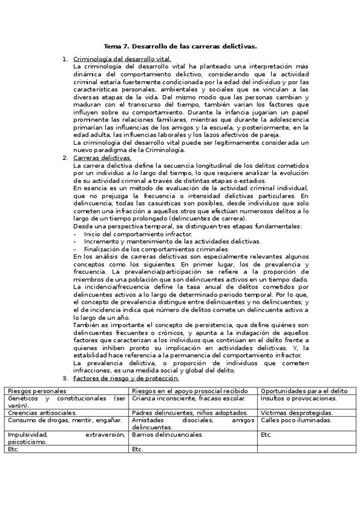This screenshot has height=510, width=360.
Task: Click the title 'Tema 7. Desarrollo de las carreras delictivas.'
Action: click(x=180, y=46)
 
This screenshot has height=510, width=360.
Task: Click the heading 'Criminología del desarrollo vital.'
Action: click(x=122, y=59)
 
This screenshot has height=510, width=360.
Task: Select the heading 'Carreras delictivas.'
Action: click(x=102, y=158)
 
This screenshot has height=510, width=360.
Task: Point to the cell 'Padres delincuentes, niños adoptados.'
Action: click(x=189, y=413)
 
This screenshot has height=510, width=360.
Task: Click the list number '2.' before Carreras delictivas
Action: click(x=66, y=158)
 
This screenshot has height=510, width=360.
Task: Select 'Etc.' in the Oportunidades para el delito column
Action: click(x=267, y=434)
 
